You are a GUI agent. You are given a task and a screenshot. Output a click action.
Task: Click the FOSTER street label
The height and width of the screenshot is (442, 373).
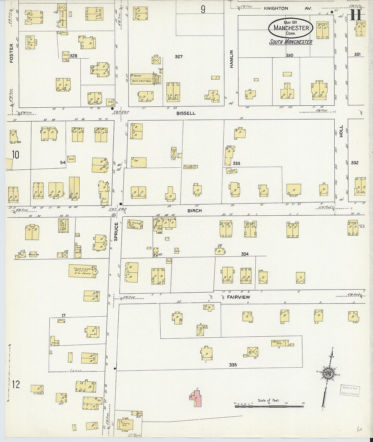tap(12, 53)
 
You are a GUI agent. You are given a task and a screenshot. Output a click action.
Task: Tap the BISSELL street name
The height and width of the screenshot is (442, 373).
tap(186, 113)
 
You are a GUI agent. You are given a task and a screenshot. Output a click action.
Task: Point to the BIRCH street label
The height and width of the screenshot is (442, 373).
tap(194, 211)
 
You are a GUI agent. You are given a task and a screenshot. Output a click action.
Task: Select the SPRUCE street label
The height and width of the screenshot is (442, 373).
tap(116, 232)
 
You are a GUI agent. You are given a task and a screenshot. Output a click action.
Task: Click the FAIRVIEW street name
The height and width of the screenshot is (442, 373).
tap(238, 297)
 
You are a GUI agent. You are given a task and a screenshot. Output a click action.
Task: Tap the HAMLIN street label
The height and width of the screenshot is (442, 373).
tap(232, 59)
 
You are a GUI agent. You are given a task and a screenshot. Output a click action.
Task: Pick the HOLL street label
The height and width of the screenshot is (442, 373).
tap(341, 131)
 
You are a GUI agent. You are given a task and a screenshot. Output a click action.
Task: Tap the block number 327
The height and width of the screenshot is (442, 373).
tap(179, 57)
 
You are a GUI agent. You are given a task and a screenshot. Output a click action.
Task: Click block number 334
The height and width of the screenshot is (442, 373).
tap(244, 254)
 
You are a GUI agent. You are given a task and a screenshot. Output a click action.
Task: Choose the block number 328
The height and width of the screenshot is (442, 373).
tap(73, 56)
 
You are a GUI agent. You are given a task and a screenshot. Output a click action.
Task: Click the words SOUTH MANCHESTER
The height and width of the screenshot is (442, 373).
tap(291, 42)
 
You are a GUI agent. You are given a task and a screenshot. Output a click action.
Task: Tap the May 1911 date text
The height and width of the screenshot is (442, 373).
tap(291, 22)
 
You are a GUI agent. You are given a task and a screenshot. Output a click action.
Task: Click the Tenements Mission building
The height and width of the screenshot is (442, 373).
tap(83, 271)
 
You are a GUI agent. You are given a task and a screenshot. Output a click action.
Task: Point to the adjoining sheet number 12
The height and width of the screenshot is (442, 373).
tap(16, 384)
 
